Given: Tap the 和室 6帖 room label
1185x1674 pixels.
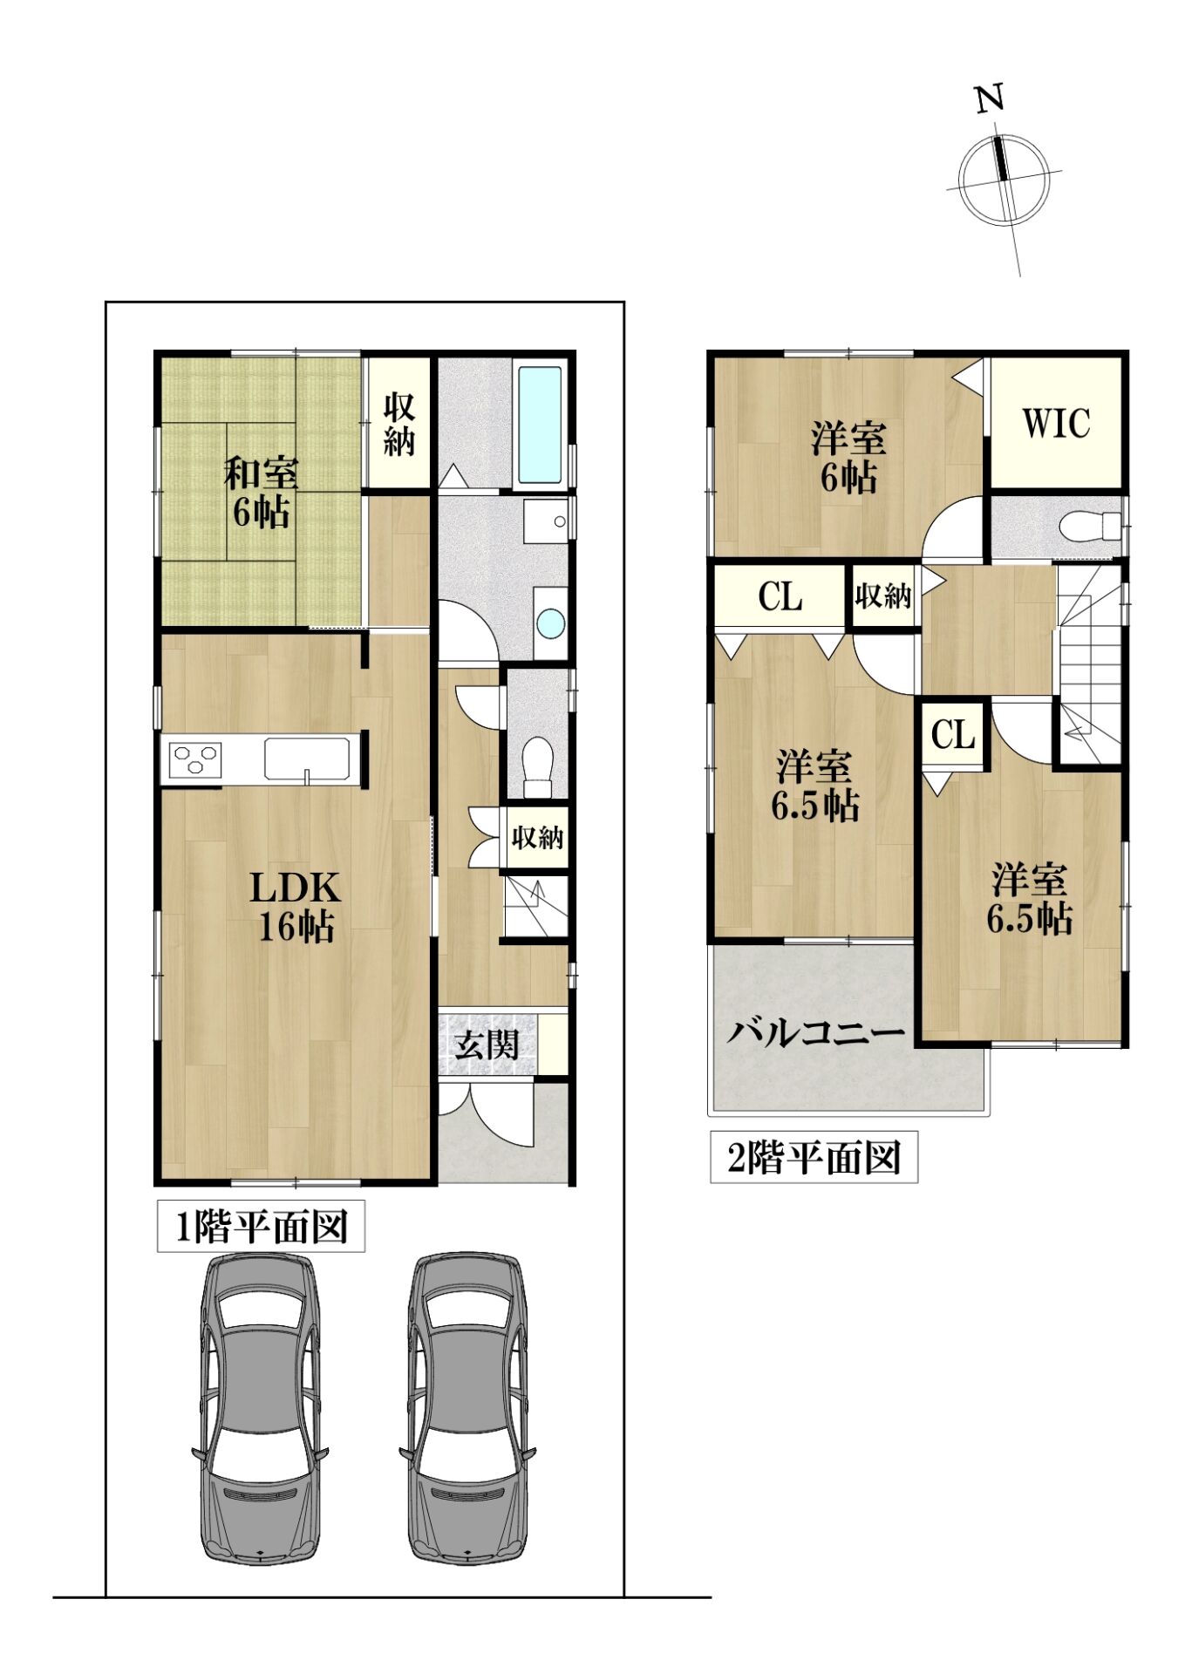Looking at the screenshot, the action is [261, 492].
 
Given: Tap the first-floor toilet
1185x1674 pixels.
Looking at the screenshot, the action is [538, 766].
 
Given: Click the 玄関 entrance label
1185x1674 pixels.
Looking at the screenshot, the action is [486, 1044].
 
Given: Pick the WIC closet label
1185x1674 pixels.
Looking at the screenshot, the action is [1056, 423].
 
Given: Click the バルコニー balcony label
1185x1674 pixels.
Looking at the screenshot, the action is [816, 1033].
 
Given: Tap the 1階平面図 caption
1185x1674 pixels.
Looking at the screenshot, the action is [262, 1228].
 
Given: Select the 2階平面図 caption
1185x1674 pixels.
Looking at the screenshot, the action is [814, 1158].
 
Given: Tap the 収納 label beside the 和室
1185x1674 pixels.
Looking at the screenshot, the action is [398, 424].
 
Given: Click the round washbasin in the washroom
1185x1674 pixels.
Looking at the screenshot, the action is [551, 623].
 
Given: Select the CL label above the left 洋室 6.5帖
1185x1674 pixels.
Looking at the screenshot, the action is [780, 597].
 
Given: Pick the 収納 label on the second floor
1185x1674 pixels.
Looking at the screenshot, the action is [882, 596].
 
